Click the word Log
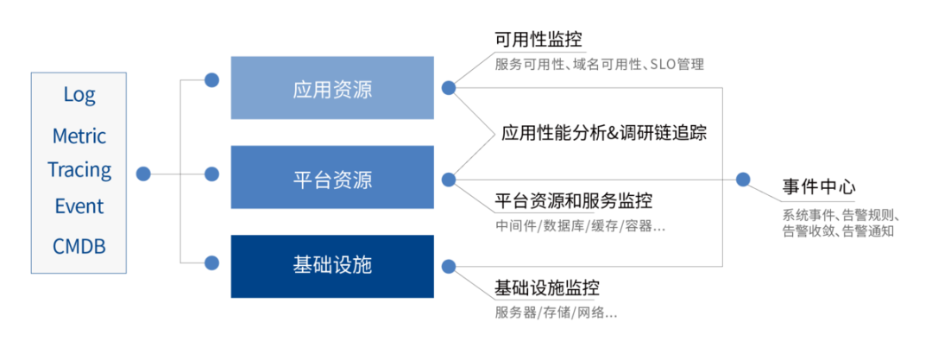[79, 95]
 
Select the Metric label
[79, 136]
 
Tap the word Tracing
[79, 169]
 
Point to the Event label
[79, 206]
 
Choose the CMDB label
[79, 246]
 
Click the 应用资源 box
[332, 88]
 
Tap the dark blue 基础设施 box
[332, 265]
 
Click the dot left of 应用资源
[211, 80]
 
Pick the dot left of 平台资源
[211, 174]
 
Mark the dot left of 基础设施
[211, 261]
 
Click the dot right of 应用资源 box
[449, 87]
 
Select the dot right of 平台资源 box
[449, 180]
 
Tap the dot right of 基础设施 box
[449, 266]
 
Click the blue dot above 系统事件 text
[743, 180]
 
